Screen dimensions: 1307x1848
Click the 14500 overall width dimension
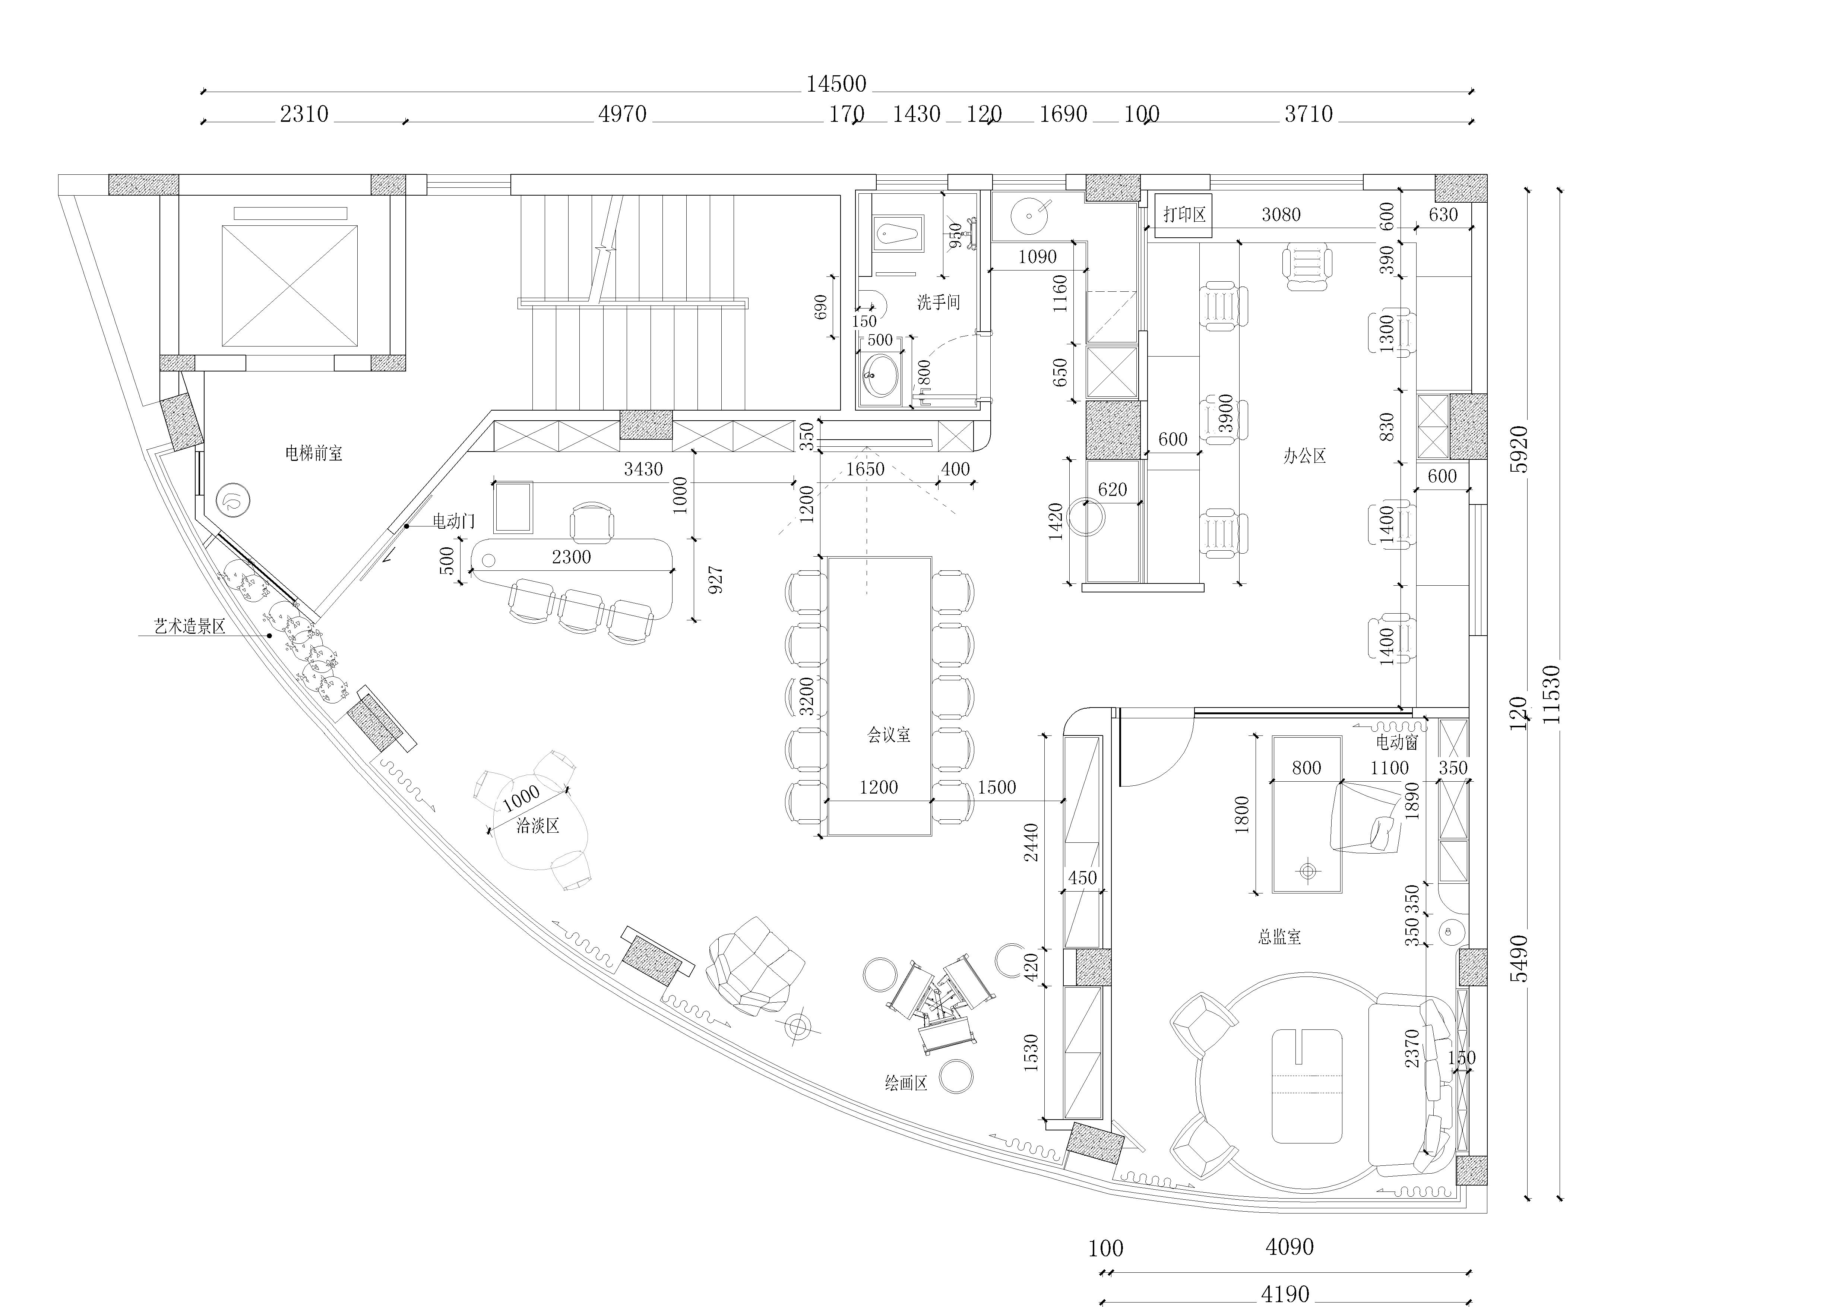point(836,84)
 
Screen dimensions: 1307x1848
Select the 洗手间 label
point(939,303)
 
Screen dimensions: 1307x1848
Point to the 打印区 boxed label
point(1184,215)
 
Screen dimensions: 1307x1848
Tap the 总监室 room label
point(1280,937)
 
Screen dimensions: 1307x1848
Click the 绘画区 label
point(906,1083)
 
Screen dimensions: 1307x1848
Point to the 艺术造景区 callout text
point(190,626)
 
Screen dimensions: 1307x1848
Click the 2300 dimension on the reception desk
point(572,557)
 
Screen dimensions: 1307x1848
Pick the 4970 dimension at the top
point(622,114)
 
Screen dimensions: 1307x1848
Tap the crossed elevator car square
point(290,286)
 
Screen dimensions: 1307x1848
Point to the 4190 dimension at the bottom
point(1285,1294)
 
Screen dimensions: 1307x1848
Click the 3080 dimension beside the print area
point(1281,215)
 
